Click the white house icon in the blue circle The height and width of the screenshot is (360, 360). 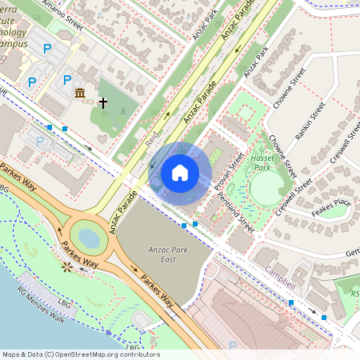tap(180, 172)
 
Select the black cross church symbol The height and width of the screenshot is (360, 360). tap(102, 102)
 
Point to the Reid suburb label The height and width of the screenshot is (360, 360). tap(152, 140)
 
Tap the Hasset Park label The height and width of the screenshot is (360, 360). tap(263, 163)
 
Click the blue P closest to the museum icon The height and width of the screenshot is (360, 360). tap(67, 79)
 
